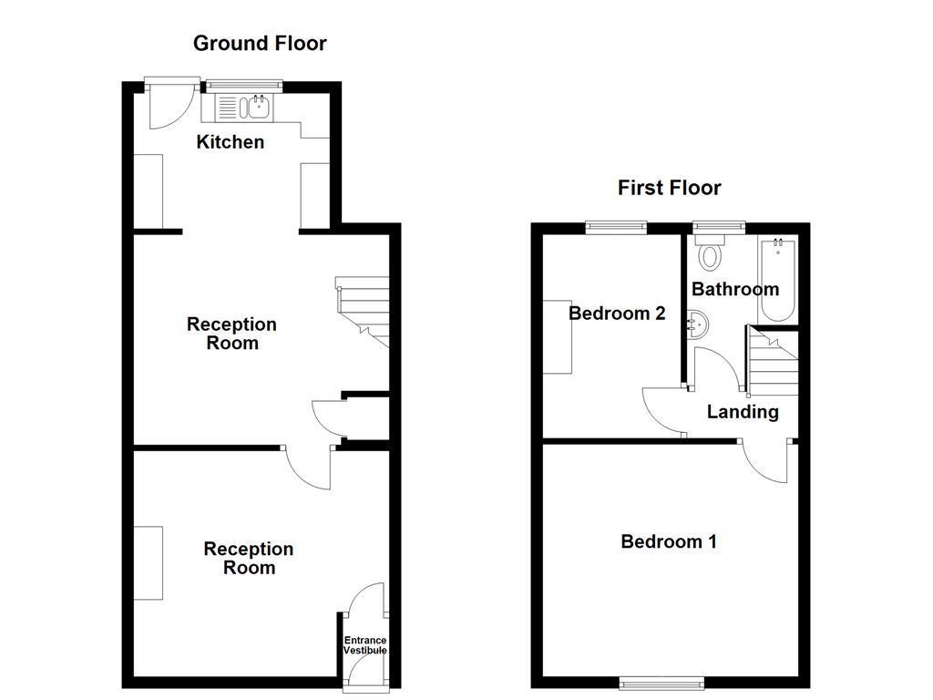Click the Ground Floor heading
[260, 43]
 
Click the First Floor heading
[669, 188]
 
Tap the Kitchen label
[231, 142]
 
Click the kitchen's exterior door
[167, 102]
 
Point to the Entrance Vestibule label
[364, 646]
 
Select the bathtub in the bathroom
[777, 279]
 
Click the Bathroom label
[735, 290]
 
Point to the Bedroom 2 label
[617, 314]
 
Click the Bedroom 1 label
[669, 541]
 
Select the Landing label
[743, 412]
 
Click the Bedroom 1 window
[661, 682]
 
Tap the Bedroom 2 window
[616, 228]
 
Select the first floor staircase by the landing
[773, 363]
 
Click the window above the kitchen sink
[243, 87]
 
